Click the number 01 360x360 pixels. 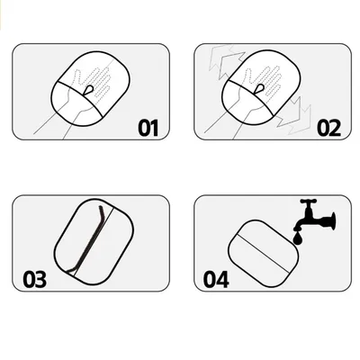pyautogui.click(x=148, y=128)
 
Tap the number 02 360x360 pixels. pyautogui.click(x=328, y=128)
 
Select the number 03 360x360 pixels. pyautogui.click(x=35, y=280)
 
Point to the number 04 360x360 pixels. pyautogui.click(x=216, y=280)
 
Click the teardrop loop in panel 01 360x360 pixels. pyautogui.click(x=89, y=90)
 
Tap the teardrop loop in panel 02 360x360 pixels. pyautogui.click(x=259, y=89)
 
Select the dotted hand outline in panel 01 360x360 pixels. pyautogui.click(x=93, y=82)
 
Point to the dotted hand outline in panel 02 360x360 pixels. pyautogui.click(x=264, y=81)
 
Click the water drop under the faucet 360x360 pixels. pyautogui.click(x=298, y=238)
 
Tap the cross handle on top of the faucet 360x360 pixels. pyautogui.click(x=309, y=202)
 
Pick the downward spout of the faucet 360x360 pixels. pyautogui.click(x=300, y=225)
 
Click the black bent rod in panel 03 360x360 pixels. pyautogui.click(x=87, y=240)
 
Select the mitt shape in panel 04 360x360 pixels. pyautogui.click(x=264, y=254)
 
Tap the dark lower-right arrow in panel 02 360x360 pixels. pyautogui.click(x=289, y=112)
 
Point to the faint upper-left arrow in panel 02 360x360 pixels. pyautogui.click(x=220, y=58)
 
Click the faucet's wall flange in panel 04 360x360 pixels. pyautogui.click(x=333, y=220)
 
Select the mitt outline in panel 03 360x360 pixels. pyautogui.click(x=94, y=241)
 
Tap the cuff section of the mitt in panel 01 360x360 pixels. pyautogui.click(x=76, y=106)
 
